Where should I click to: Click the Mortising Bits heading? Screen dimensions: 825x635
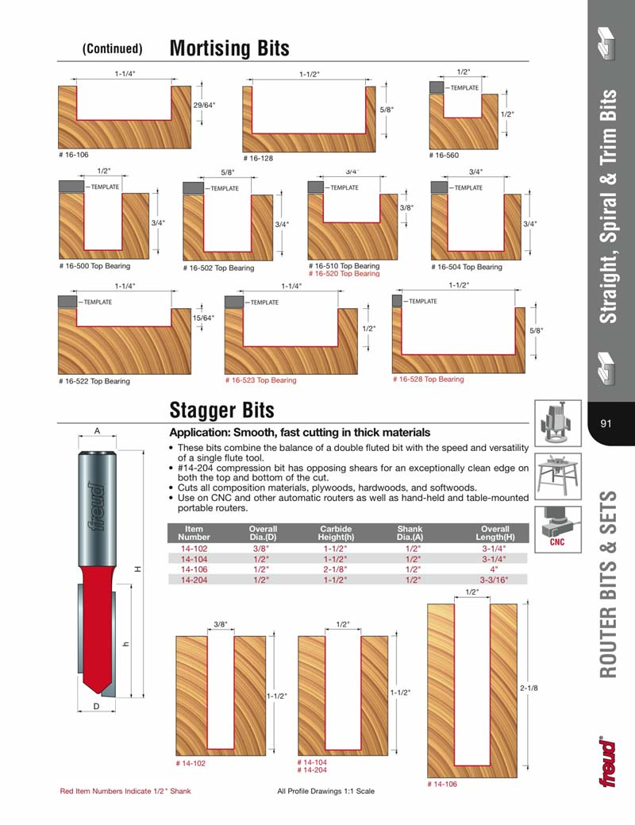click(229, 48)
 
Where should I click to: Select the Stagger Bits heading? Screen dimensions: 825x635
click(221, 410)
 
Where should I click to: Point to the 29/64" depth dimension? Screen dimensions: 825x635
click(204, 105)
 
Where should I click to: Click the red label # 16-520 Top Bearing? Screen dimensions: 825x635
click(344, 274)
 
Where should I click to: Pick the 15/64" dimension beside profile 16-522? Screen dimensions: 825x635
click(204, 318)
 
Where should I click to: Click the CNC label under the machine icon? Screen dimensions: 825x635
click(557, 543)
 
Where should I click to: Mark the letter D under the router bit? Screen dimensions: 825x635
click(95, 705)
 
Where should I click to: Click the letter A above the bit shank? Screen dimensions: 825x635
click(96, 431)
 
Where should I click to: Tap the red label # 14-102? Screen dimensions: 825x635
click(190, 763)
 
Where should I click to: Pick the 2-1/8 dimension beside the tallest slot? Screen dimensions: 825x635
click(529, 688)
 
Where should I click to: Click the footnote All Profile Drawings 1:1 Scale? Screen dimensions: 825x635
click(325, 791)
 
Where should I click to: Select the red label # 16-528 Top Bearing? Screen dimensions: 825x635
click(428, 380)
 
